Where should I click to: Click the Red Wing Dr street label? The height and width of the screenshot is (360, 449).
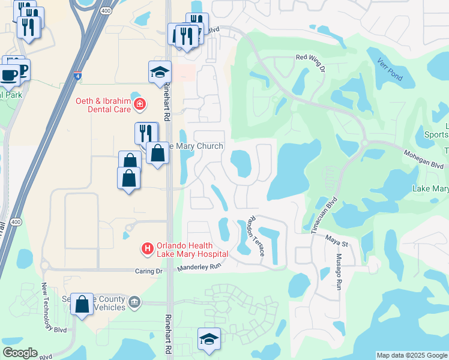(310, 63)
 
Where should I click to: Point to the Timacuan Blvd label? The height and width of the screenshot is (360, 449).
(325, 213)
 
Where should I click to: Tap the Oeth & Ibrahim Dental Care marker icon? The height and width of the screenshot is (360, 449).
(140, 105)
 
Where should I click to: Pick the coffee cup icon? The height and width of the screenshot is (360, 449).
(8, 76)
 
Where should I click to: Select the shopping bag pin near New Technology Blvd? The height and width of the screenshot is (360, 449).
(82, 304)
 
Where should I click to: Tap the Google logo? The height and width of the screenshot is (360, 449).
(20, 353)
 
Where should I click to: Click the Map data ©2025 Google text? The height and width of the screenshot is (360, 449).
(412, 355)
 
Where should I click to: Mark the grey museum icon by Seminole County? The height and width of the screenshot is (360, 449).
(134, 302)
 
